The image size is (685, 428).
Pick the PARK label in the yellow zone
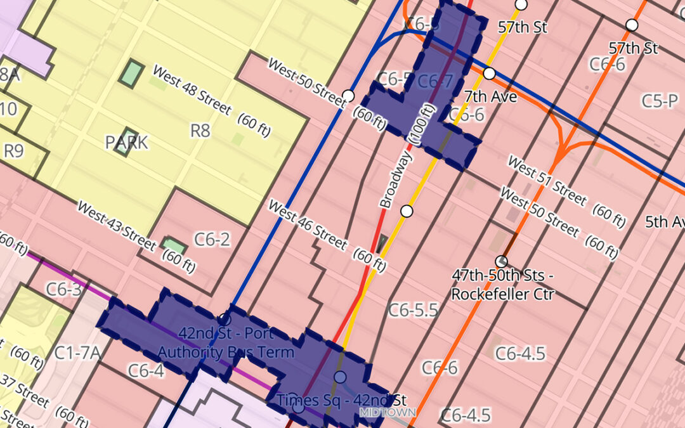point(127,142)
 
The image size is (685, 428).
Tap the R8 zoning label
point(200,131)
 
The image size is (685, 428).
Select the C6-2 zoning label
point(212,239)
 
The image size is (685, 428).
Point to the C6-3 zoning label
point(63,290)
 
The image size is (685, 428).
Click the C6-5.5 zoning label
point(413,309)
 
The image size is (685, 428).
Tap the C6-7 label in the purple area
point(436,81)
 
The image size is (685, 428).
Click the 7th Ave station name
point(490,97)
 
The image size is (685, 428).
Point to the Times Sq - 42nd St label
point(342,400)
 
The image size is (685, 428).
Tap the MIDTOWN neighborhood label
point(388,412)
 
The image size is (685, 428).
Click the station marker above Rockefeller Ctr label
point(501,261)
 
